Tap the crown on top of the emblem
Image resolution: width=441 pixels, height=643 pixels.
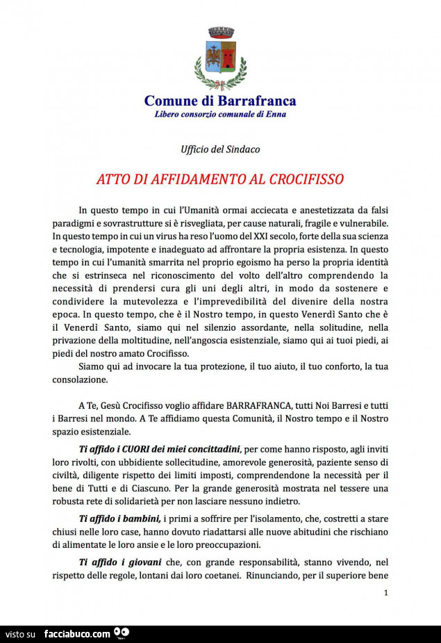click(220, 32)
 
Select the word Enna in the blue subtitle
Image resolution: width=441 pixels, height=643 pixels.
click(276, 114)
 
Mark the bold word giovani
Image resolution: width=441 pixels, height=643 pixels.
click(140, 562)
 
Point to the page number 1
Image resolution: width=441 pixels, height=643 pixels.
click(385, 592)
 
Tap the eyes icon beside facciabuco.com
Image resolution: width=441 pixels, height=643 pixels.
click(122, 633)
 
